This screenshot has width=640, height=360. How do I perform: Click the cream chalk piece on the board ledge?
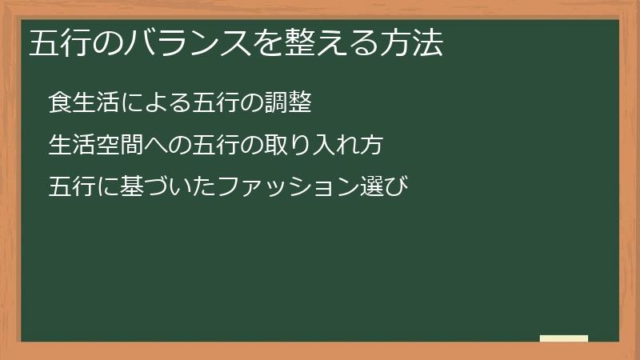coord(564,338)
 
